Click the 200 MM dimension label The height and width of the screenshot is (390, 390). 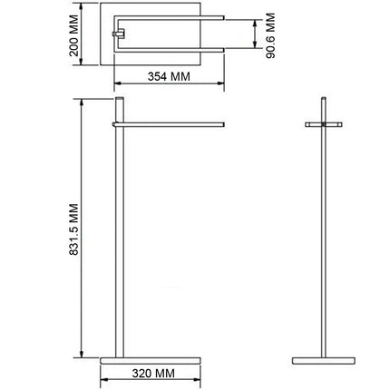73,35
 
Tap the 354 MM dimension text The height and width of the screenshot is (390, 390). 169,76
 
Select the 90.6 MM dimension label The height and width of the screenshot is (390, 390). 271,35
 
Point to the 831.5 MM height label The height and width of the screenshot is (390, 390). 73,229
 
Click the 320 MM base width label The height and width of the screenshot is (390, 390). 153,374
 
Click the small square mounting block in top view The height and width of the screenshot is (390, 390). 119,34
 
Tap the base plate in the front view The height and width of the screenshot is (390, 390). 151,361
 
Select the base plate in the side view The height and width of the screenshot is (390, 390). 324,361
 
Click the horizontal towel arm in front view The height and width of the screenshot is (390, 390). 169,124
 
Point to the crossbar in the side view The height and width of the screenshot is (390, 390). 324,124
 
